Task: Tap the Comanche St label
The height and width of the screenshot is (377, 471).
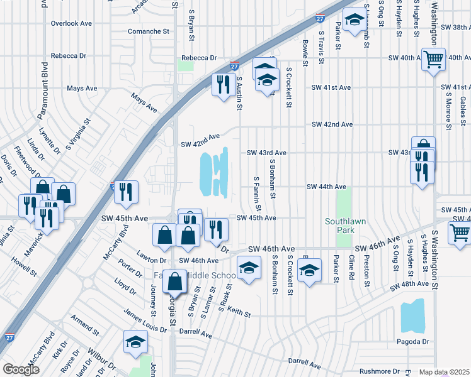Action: (x=149, y=30)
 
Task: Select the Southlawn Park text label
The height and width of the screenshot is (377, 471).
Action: (x=344, y=226)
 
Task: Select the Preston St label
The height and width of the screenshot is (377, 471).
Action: (x=366, y=271)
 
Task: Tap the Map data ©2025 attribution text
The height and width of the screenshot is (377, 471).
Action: (x=445, y=372)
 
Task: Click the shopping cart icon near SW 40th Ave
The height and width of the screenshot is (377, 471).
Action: (x=433, y=60)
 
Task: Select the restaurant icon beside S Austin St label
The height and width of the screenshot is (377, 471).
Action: (x=223, y=84)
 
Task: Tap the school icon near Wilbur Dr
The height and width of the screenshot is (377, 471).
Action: (x=135, y=342)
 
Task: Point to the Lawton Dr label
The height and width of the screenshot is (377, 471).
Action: (x=153, y=260)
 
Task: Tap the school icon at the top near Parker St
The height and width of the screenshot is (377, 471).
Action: (x=355, y=21)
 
